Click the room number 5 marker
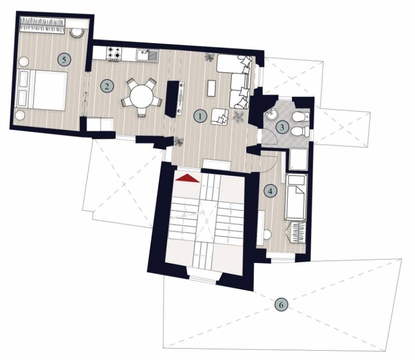point(64,60)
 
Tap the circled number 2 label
point(107,86)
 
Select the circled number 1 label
point(200,116)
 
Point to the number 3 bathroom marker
point(282,127)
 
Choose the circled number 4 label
point(270,191)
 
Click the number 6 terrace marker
point(281,304)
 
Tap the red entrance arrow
point(187,178)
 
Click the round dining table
point(142,96)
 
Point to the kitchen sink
point(147,56)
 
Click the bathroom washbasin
point(271,115)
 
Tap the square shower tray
point(299,159)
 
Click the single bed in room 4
point(296,197)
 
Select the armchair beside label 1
point(219,117)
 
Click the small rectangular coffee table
point(212,88)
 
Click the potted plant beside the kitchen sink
point(210,58)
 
